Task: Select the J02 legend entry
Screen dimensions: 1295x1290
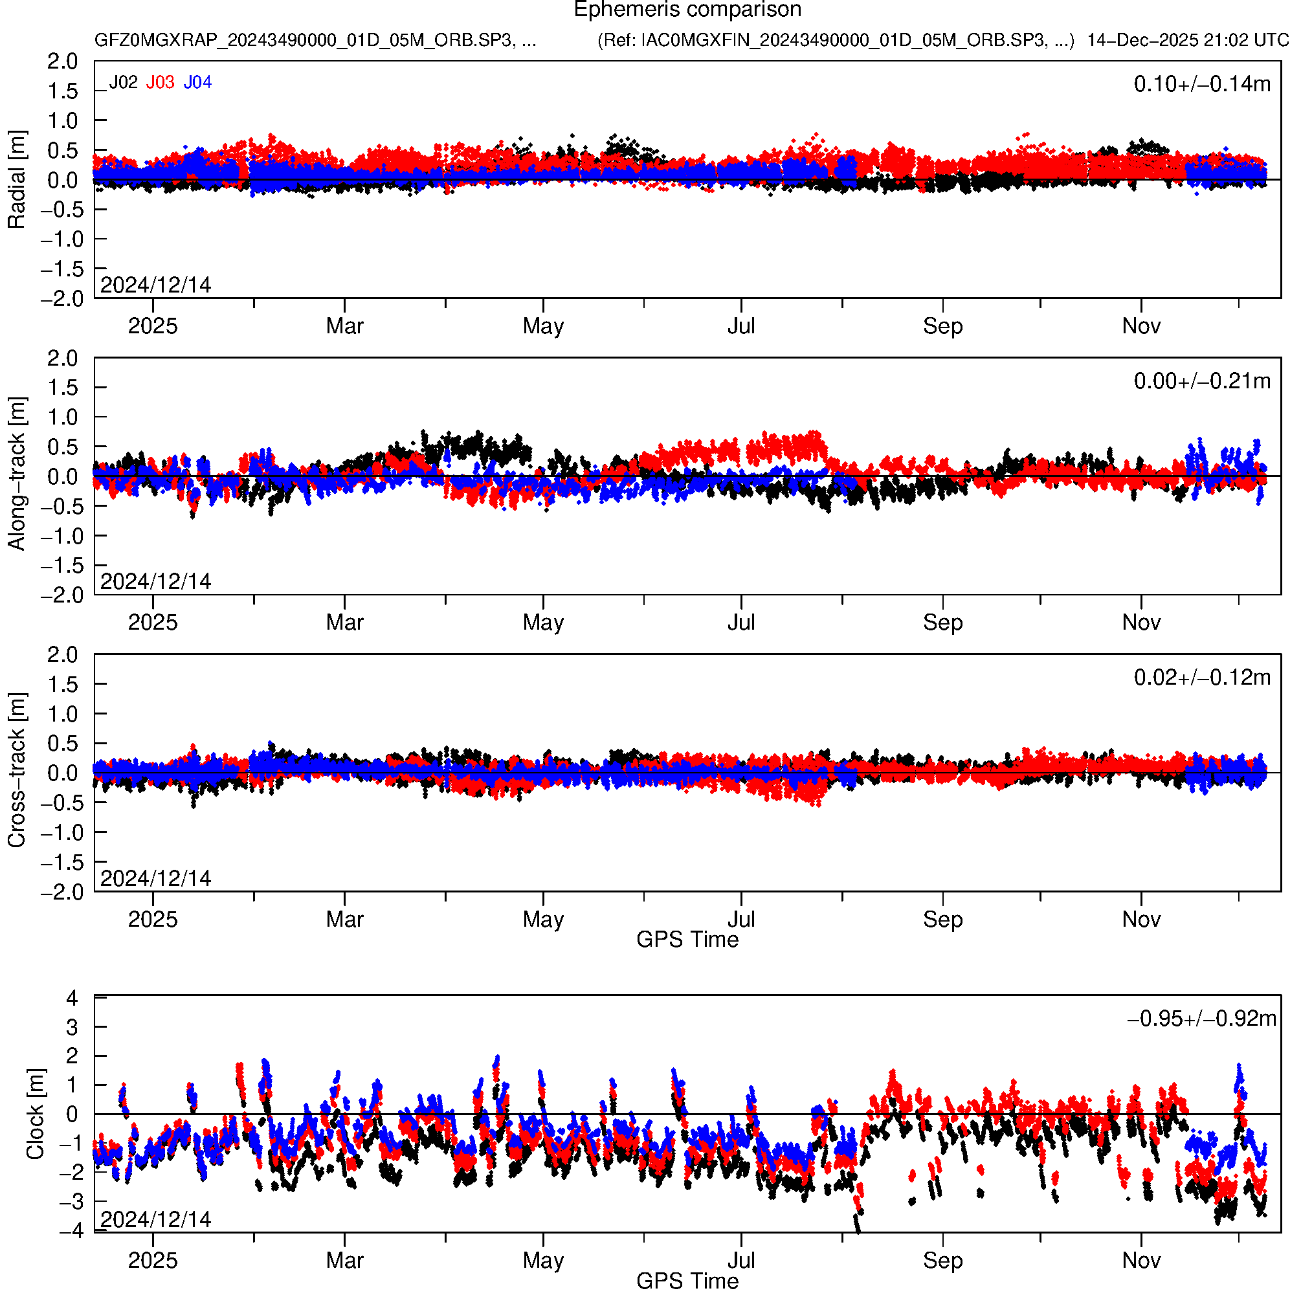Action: (x=124, y=82)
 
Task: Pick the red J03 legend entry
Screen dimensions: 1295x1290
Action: (x=161, y=82)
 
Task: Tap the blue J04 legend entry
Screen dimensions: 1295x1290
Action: (x=198, y=82)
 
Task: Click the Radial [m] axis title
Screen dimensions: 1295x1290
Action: (x=17, y=180)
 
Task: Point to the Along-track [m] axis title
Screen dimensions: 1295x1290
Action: (x=17, y=474)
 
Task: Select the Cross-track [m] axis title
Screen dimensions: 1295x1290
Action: (x=17, y=771)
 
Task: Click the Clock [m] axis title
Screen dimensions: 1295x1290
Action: (x=35, y=1114)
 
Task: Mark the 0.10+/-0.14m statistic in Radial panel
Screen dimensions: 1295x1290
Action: (x=1201, y=84)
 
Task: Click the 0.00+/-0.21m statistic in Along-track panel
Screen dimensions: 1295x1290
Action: (x=1201, y=381)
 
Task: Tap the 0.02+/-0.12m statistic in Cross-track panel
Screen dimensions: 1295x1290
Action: (x=1201, y=678)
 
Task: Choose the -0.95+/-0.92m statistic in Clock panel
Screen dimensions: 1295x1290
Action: (x=1201, y=1019)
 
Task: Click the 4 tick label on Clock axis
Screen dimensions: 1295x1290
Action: (x=72, y=998)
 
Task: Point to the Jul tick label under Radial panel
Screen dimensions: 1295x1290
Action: (x=742, y=326)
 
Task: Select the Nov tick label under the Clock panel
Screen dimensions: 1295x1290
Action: (x=1141, y=1261)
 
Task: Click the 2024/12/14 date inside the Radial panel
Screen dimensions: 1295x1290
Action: (x=155, y=285)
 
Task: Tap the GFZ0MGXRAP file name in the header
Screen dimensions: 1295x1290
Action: (x=315, y=40)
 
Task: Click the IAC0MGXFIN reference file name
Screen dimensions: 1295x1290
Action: (x=836, y=40)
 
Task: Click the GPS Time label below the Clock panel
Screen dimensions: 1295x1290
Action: (x=687, y=1281)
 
